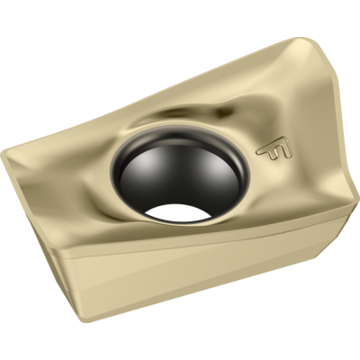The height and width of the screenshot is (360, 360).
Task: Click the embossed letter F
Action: [x=267, y=151]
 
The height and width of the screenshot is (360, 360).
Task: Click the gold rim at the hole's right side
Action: [x=236, y=180]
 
